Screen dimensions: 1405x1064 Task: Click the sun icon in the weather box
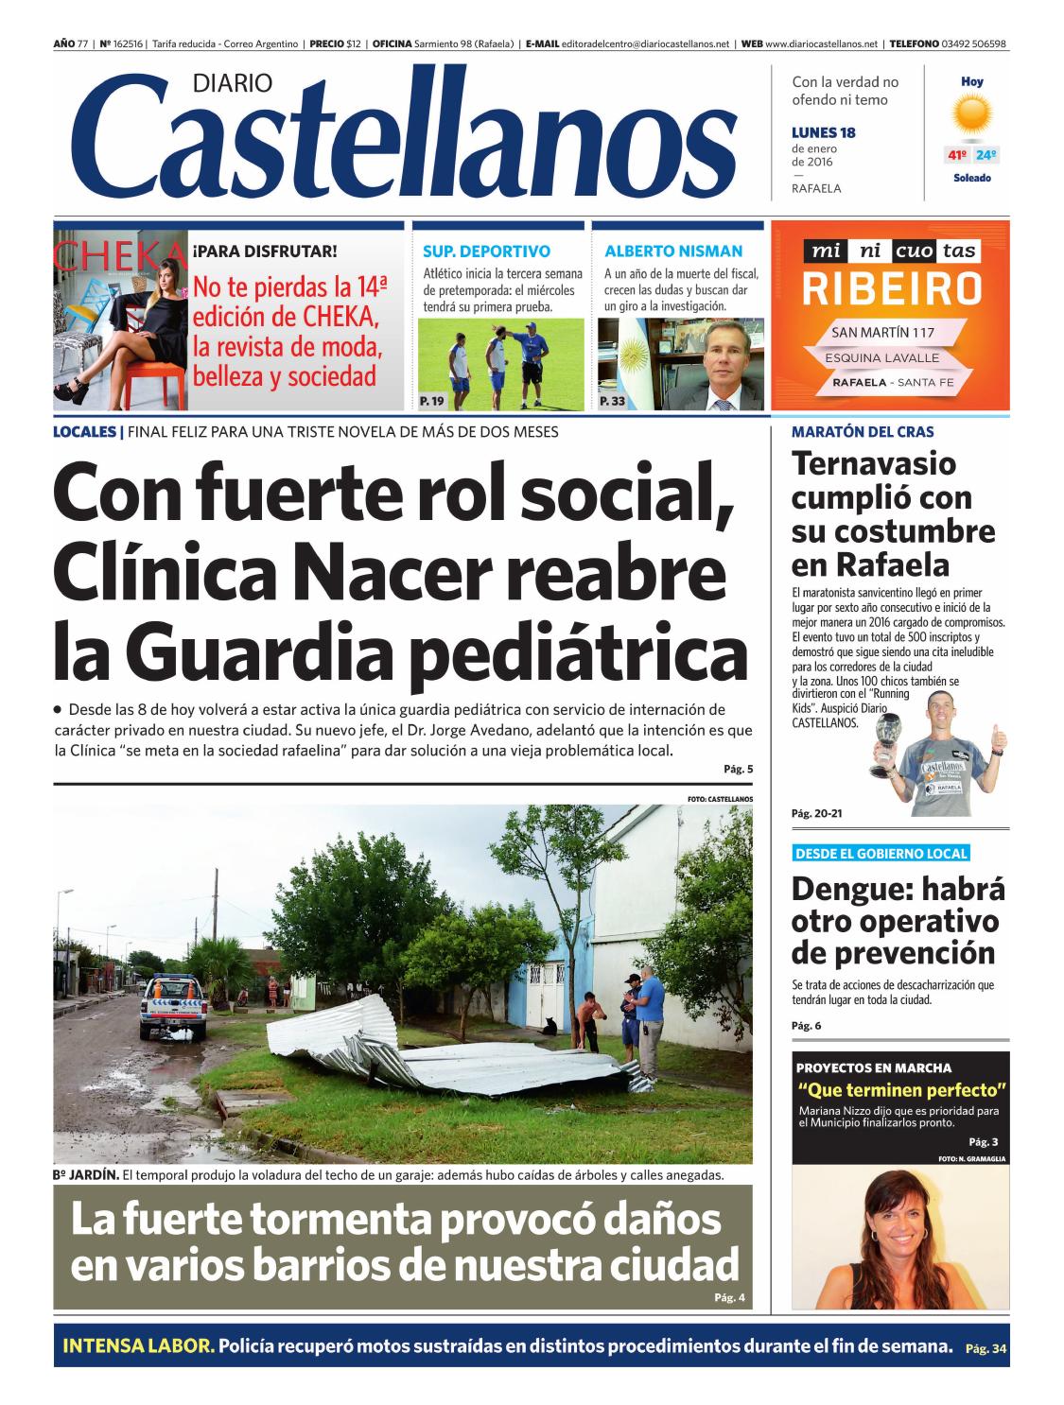(971, 117)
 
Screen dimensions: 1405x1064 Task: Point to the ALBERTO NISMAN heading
(673, 252)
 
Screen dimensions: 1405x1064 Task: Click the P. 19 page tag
(431, 402)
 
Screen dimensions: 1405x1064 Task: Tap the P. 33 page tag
(612, 402)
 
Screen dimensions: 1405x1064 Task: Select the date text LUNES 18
(823, 133)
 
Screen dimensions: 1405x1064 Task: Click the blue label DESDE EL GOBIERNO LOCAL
(881, 854)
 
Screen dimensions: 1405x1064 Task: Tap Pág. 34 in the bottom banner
(986, 1348)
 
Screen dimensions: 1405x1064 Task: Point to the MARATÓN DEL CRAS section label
(862, 432)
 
